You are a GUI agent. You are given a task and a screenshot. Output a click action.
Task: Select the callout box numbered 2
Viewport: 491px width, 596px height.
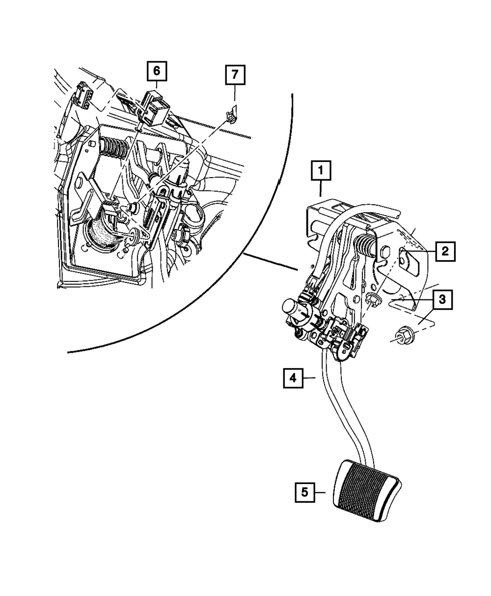pyautogui.click(x=444, y=252)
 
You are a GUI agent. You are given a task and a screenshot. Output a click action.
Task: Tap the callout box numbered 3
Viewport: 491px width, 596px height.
pyautogui.click(x=442, y=299)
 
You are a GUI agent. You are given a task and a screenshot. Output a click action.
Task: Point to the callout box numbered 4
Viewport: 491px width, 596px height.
pyautogui.click(x=293, y=378)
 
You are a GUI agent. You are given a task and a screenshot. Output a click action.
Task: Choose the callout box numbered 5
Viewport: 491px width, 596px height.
pyautogui.click(x=305, y=492)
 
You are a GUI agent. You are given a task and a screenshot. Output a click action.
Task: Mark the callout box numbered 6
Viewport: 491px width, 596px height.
pyautogui.click(x=156, y=71)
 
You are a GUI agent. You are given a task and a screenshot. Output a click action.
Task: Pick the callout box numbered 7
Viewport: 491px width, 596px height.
pyautogui.click(x=235, y=75)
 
